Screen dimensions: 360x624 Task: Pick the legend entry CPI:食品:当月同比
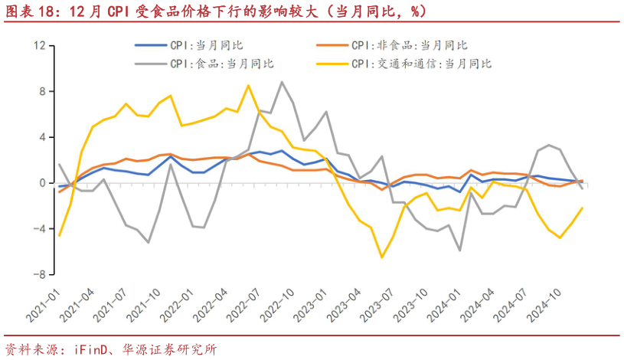[222, 64]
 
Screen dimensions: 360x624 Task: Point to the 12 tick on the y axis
[40, 46]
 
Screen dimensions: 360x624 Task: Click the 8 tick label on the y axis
[43, 92]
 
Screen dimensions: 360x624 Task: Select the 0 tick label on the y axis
[43, 183]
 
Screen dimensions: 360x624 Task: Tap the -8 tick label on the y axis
[40, 274]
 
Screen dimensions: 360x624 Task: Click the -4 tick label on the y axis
[40, 229]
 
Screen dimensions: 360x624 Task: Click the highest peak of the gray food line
[282, 82]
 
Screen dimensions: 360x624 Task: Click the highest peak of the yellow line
[248, 86]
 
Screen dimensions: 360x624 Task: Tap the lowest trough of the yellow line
[382, 257]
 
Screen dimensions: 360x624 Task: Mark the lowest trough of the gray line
[459, 250]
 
